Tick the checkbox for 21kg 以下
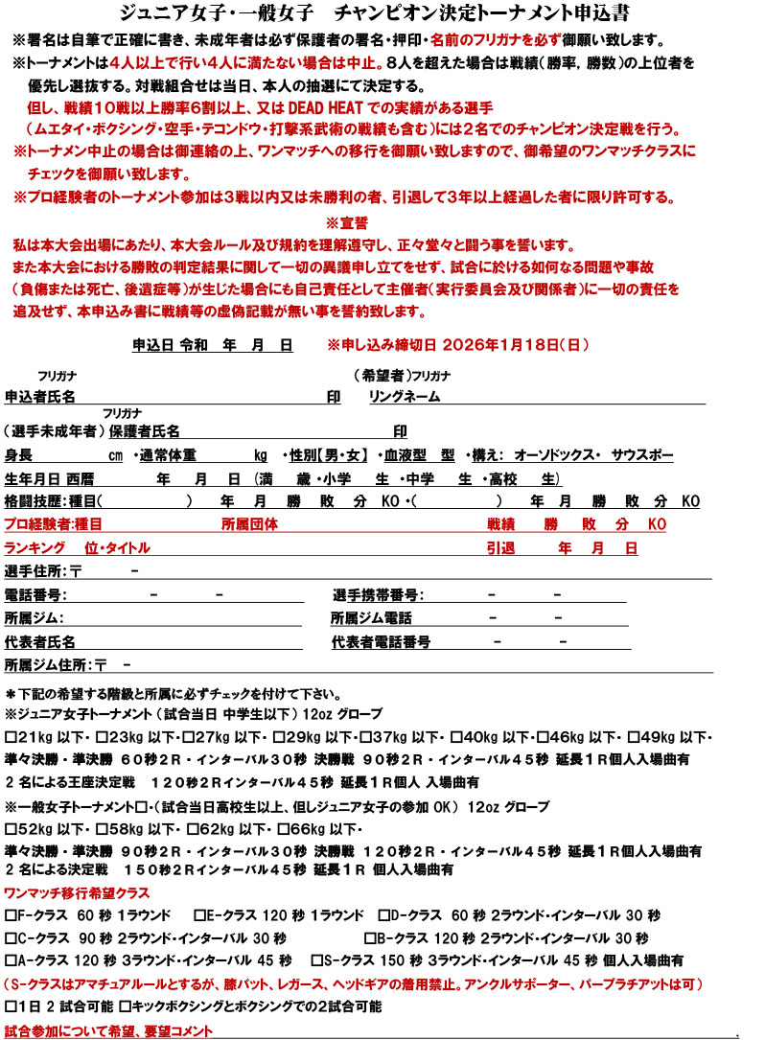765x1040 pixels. tap(10, 737)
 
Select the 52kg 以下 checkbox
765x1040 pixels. tap(10, 828)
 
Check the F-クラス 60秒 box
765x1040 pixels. tap(10, 913)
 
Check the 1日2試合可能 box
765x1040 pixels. tap(10, 1006)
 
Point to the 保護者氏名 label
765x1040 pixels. tap(145, 431)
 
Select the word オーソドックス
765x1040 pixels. tap(547, 454)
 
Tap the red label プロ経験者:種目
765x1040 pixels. tap(54, 524)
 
